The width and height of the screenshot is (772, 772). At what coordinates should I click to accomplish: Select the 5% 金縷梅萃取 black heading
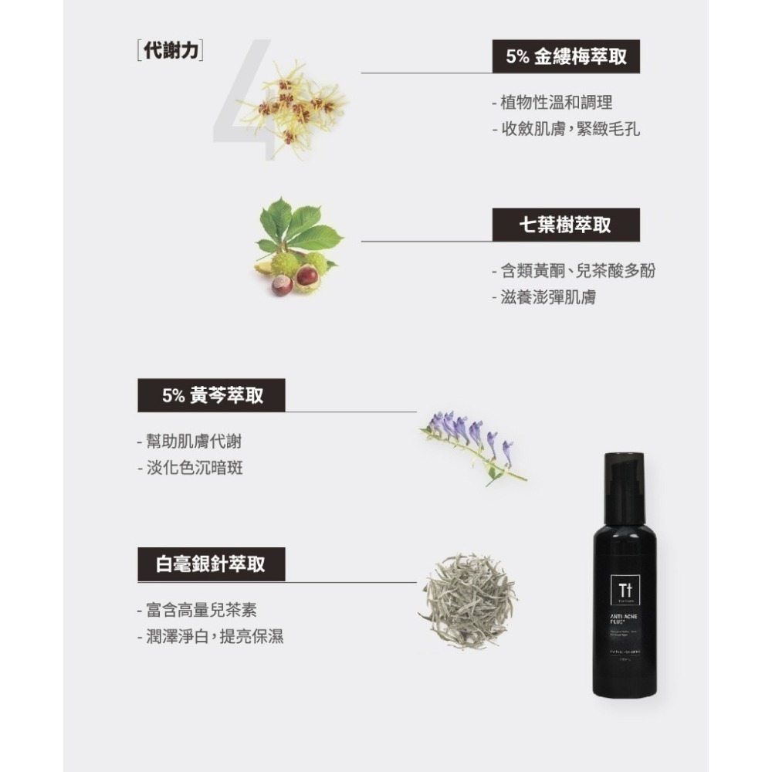(566, 58)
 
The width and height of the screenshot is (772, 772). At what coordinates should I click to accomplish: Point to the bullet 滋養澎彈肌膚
(546, 296)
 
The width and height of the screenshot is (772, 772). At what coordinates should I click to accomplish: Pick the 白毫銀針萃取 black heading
(212, 564)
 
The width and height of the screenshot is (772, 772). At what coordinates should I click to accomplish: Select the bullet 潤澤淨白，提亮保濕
(210, 637)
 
